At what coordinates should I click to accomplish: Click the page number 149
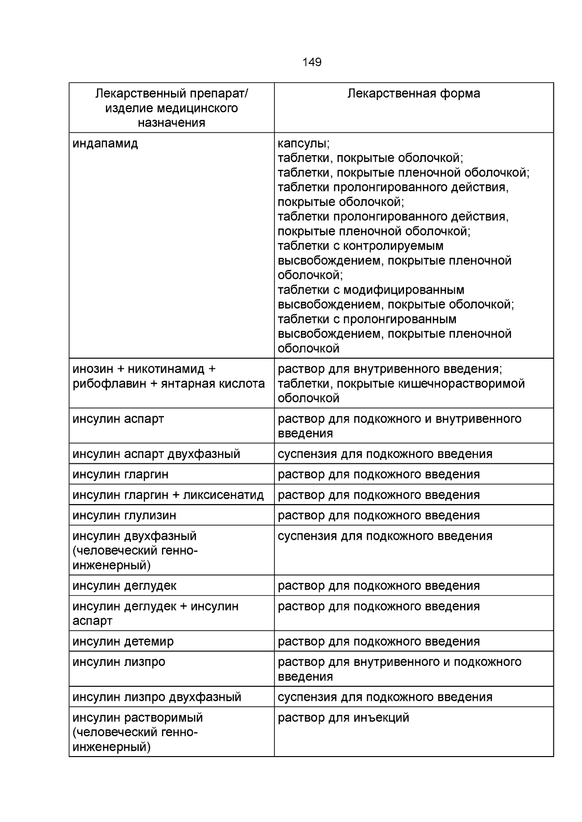coord(312,62)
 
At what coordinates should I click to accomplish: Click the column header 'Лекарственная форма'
coord(414,94)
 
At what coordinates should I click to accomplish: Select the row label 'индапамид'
coord(105,144)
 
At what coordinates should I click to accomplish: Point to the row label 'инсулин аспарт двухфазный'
coord(156,454)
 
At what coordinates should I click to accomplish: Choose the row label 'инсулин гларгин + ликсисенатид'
coord(168,495)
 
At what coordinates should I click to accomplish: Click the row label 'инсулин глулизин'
coord(124,516)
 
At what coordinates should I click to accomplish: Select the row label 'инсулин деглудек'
coord(124,586)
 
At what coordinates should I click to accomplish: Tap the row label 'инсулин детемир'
coord(123,642)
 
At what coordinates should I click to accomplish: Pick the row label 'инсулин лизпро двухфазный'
coord(157,697)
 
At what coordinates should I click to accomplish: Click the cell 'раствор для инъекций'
coord(343,718)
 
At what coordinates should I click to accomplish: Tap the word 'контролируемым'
coord(393,246)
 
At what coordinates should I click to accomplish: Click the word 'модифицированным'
coord(404,290)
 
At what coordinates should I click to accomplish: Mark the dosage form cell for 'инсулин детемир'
coord(379,642)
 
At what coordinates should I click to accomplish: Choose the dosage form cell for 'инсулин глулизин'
coord(379,516)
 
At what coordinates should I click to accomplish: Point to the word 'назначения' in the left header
coord(171,123)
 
